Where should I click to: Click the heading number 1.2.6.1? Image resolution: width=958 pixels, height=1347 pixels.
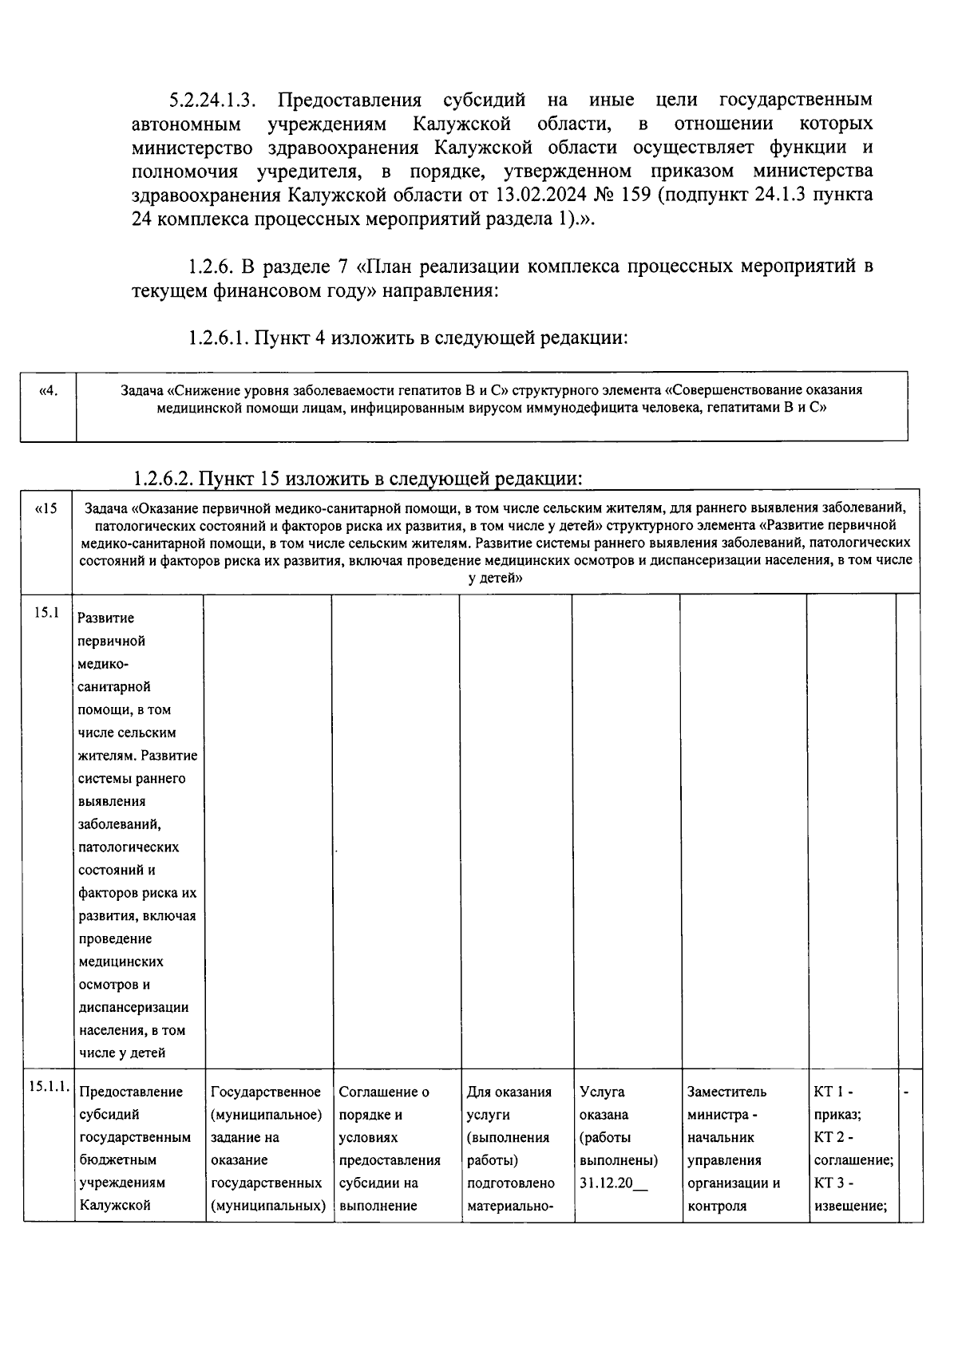(x=219, y=338)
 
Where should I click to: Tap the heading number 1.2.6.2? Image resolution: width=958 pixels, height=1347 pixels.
(x=163, y=479)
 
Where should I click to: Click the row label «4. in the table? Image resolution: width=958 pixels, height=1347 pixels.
(x=48, y=391)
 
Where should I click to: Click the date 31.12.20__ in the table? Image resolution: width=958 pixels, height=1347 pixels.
(x=614, y=1183)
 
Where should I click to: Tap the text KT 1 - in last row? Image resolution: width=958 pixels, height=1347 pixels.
(x=833, y=1092)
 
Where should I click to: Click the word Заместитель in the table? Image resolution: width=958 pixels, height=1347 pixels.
(x=726, y=1092)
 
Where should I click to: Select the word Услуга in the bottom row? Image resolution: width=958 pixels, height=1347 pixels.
(x=602, y=1092)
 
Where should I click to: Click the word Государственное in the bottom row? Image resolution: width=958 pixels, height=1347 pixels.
(x=266, y=1092)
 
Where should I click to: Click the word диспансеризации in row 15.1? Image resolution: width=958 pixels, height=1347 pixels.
(x=133, y=1007)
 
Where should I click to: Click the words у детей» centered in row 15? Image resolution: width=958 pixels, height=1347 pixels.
(x=495, y=578)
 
